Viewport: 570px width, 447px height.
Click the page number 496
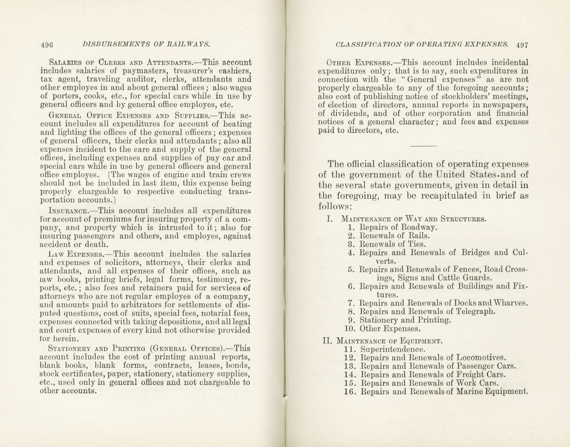[47, 45]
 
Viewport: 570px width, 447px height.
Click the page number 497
[521, 45]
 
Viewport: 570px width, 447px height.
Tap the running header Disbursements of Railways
[146, 44]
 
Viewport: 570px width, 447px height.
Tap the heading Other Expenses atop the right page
[357, 63]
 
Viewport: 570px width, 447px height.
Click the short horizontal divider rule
[423, 146]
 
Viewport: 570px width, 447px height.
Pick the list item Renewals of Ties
[393, 244]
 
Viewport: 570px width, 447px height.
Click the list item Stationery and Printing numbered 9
[405, 320]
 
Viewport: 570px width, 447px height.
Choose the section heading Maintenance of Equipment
[389, 341]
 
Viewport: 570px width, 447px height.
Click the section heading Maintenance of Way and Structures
[413, 219]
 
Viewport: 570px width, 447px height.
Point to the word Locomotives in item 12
[481, 358]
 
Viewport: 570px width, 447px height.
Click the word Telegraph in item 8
[475, 311]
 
